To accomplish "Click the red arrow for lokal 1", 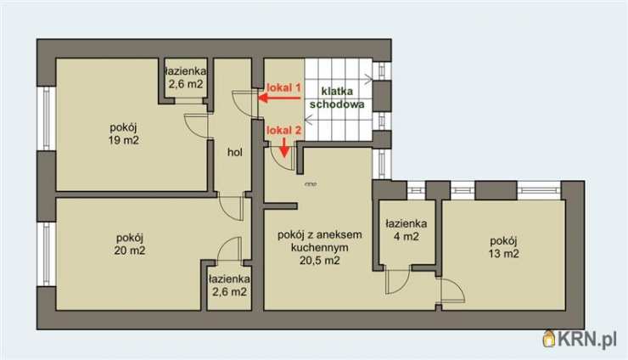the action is tap(279, 98).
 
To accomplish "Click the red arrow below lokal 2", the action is tap(284, 147).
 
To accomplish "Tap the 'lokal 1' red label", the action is tap(283, 87).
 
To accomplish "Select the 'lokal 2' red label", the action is tap(283, 130).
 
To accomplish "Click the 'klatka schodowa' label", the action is tap(337, 98).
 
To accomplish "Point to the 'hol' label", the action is tap(235, 152).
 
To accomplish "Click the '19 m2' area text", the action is tap(123, 140).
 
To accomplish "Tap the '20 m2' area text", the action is tap(130, 250).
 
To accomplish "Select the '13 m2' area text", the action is tap(503, 254).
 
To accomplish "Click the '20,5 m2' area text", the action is tap(320, 261).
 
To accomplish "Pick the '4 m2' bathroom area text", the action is tap(407, 237).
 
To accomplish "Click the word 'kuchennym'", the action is tap(320, 248).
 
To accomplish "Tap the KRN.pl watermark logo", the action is tap(580, 340).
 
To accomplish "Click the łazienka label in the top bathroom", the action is tap(186, 71).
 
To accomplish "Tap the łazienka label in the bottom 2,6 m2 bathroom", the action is tap(229, 278).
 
